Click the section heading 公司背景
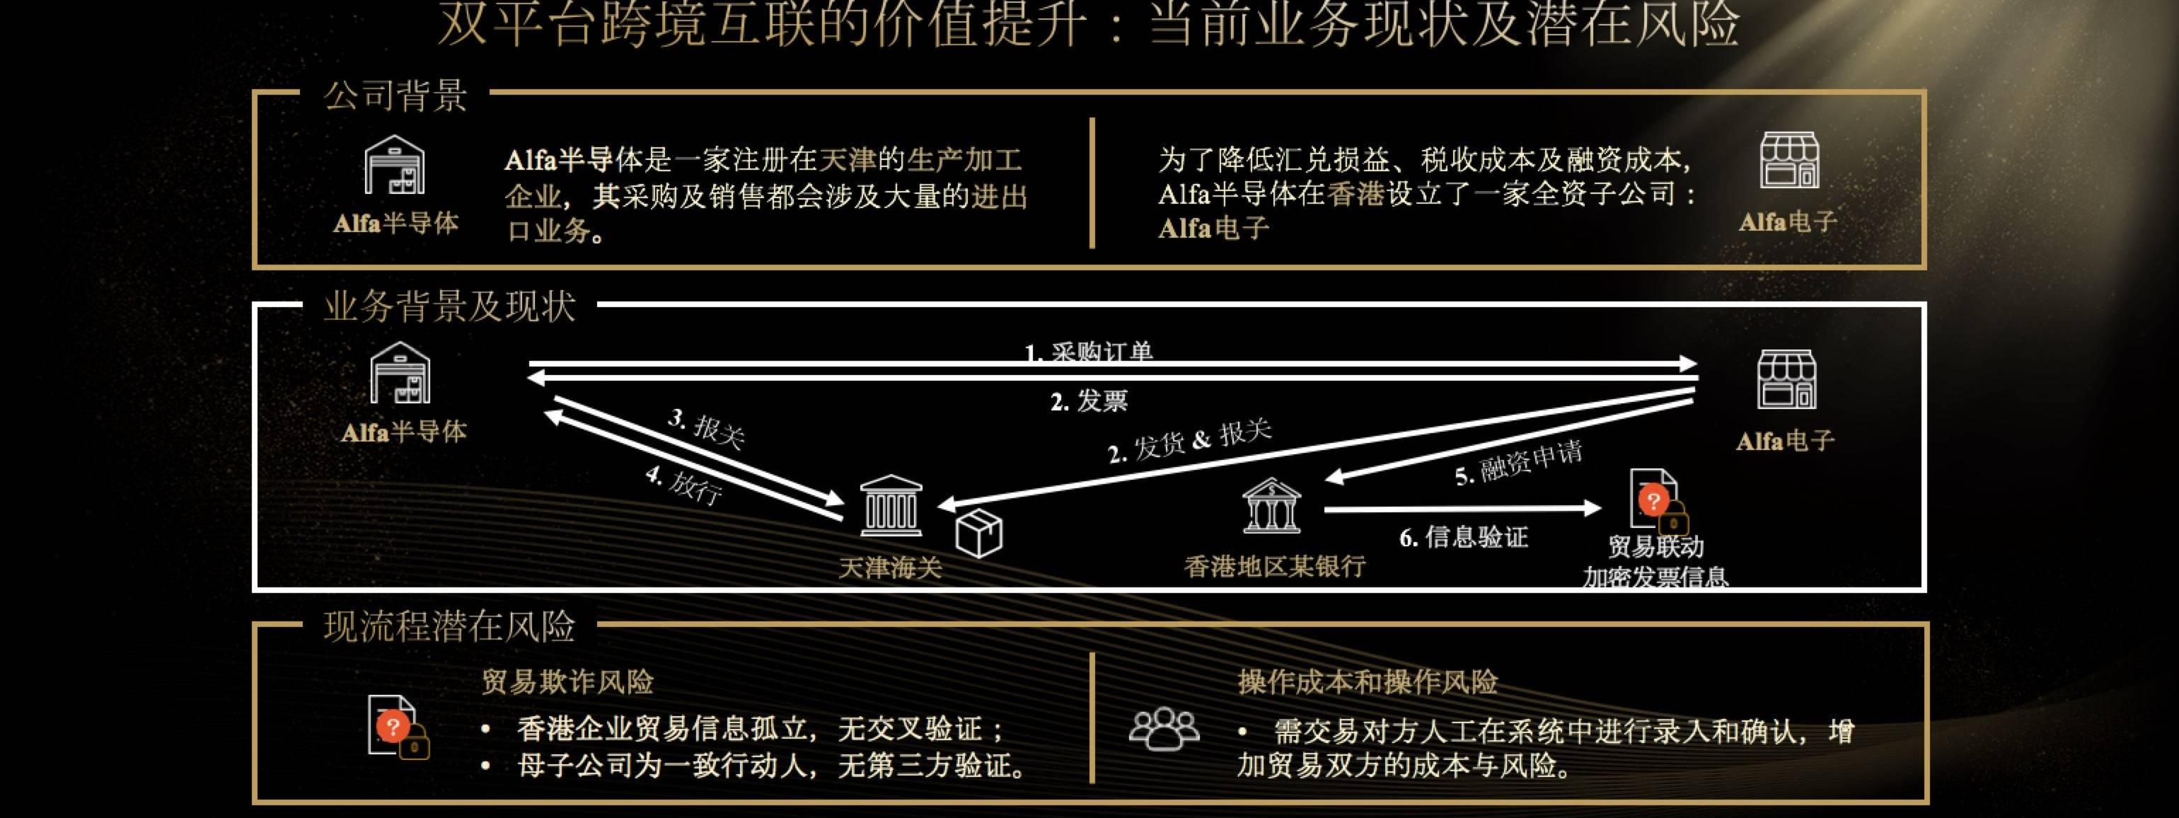[395, 96]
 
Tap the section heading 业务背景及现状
[449, 306]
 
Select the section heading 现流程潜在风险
[449, 627]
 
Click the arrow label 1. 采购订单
[1089, 352]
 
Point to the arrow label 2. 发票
[1089, 401]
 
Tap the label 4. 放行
[684, 485]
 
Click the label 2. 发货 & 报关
[1189, 442]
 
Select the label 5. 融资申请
[1518, 463]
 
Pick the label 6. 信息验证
[1463, 537]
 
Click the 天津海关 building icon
[890, 506]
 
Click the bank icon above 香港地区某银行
[1271, 506]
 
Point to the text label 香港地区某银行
[1275, 566]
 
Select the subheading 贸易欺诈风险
[567, 682]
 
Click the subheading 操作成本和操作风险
[1368, 682]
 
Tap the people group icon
[1164, 728]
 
